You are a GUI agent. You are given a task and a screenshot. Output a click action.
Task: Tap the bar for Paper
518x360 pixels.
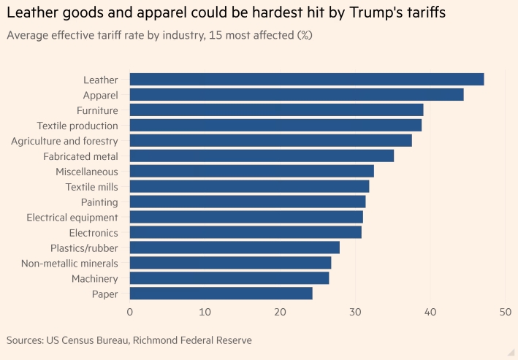click(x=221, y=294)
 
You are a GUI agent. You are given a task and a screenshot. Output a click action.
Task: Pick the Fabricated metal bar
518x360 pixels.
click(x=262, y=156)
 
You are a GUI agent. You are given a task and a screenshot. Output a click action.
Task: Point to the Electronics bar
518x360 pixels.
click(x=245, y=232)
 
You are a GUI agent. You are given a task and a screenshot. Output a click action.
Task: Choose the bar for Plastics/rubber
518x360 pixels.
click(x=235, y=248)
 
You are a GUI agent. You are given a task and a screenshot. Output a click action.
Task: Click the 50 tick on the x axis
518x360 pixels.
click(x=505, y=312)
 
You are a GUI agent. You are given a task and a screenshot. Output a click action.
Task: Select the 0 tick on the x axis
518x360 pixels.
click(x=130, y=312)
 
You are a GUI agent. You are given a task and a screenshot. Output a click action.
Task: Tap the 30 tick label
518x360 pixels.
click(x=355, y=312)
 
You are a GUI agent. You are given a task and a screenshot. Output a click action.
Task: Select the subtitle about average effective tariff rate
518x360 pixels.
click(x=159, y=35)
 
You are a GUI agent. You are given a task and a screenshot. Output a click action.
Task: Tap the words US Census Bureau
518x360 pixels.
click(x=90, y=340)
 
